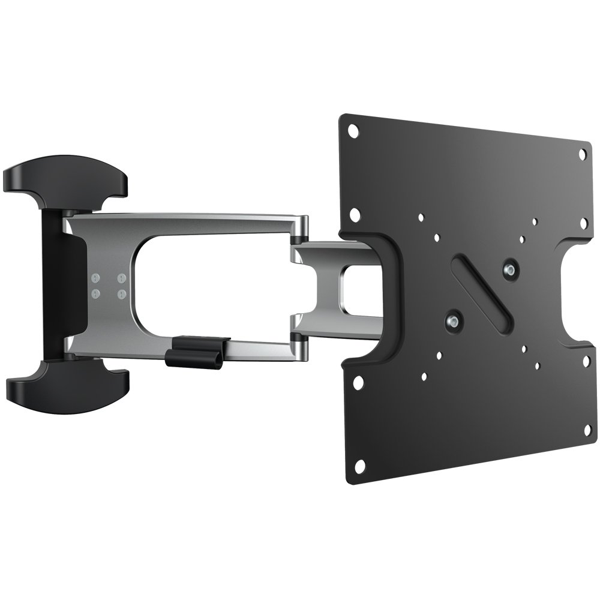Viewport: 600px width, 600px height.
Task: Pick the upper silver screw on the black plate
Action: coord(510,266)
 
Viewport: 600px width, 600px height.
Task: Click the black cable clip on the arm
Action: coord(199,351)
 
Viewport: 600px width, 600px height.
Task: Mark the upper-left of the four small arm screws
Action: coord(95,279)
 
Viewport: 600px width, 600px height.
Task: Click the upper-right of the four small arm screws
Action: coord(121,278)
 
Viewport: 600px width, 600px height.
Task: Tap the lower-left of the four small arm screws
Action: coord(95,294)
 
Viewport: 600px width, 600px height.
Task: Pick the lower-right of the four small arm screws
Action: coord(121,293)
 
